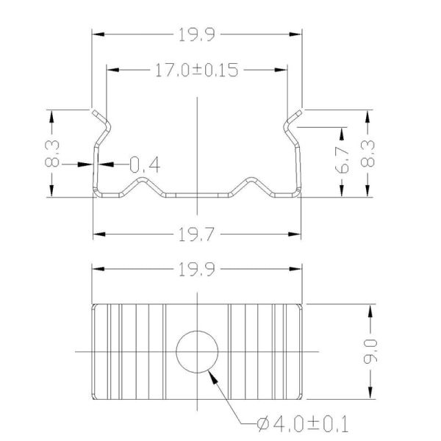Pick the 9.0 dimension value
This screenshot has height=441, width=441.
(x=373, y=352)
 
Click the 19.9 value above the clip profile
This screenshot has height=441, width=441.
(x=197, y=34)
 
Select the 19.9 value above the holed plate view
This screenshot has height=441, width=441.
(x=197, y=269)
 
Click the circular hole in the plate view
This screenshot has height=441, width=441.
(x=198, y=351)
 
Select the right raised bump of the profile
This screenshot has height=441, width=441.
(x=253, y=180)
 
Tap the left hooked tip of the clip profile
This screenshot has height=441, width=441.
(x=96, y=112)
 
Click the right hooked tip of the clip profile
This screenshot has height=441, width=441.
(x=299, y=112)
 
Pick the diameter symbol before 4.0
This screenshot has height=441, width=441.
(x=265, y=424)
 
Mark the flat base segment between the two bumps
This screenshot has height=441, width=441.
(x=197, y=195)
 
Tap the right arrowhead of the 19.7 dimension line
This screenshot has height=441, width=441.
(x=297, y=234)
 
